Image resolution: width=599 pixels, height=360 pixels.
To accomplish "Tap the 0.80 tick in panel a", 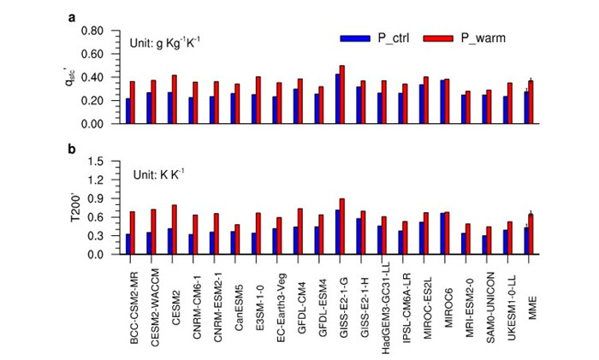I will (92, 31).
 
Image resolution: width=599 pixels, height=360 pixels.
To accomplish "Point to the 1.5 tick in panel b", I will (97, 161).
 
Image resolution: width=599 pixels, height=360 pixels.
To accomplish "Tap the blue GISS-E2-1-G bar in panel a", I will (337, 98).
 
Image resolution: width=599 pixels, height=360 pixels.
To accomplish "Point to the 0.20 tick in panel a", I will (92, 100).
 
